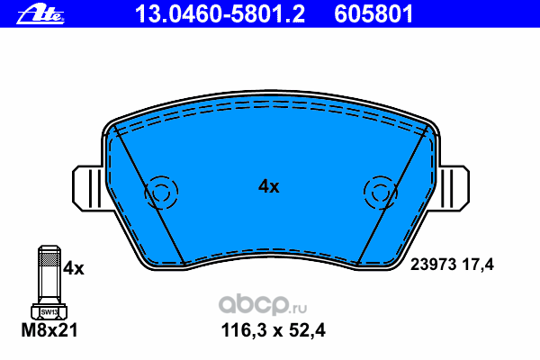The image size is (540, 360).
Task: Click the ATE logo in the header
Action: [40, 14]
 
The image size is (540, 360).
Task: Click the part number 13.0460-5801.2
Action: [220, 14]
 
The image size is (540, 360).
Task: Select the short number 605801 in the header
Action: [373, 14]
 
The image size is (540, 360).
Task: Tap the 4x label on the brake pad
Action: [269, 186]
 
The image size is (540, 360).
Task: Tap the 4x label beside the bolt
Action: [74, 268]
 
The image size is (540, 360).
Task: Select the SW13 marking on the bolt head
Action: [49, 312]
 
